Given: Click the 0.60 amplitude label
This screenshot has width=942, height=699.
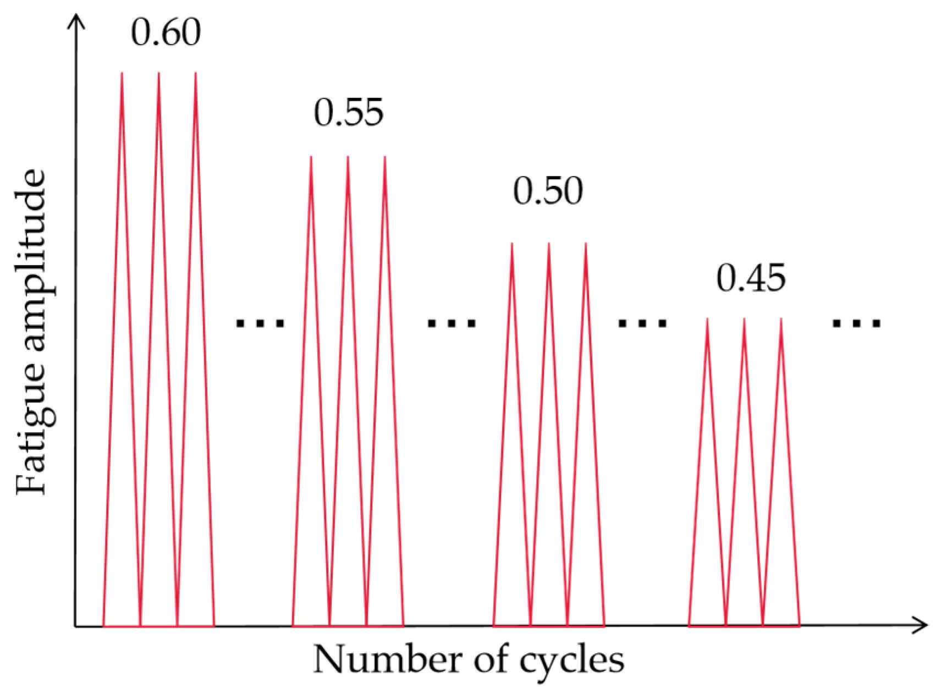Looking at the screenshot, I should coord(166,33).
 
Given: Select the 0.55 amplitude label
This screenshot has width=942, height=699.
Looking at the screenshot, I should coord(349,113).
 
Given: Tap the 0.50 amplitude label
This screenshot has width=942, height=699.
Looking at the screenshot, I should coord(548,191).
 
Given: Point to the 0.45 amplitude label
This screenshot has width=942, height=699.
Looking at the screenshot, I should coord(751,278).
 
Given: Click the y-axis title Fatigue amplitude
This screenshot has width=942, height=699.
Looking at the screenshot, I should coord(31,332).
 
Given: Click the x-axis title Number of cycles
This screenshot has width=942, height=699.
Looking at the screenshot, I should coord(469,660).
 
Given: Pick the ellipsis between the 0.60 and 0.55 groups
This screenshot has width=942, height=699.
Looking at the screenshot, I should coord(260,323).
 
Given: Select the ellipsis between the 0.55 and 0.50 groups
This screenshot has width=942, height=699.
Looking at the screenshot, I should coord(451,323).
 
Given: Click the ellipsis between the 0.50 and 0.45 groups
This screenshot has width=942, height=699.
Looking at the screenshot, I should coord(642,323).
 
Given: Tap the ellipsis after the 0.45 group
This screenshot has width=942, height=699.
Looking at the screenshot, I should coord(856,323).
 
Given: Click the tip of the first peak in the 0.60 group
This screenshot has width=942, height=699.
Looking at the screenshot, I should coord(122,73).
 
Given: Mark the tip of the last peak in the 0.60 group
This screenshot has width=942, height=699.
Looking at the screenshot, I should coord(195,73).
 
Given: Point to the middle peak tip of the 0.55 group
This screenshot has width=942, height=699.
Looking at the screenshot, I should coord(348,157).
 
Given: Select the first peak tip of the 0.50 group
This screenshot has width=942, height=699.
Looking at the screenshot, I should coord(512,244).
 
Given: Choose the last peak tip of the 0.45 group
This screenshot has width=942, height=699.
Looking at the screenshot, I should coord(780,319).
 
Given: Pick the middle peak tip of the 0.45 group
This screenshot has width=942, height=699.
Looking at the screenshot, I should coord(743,319).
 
